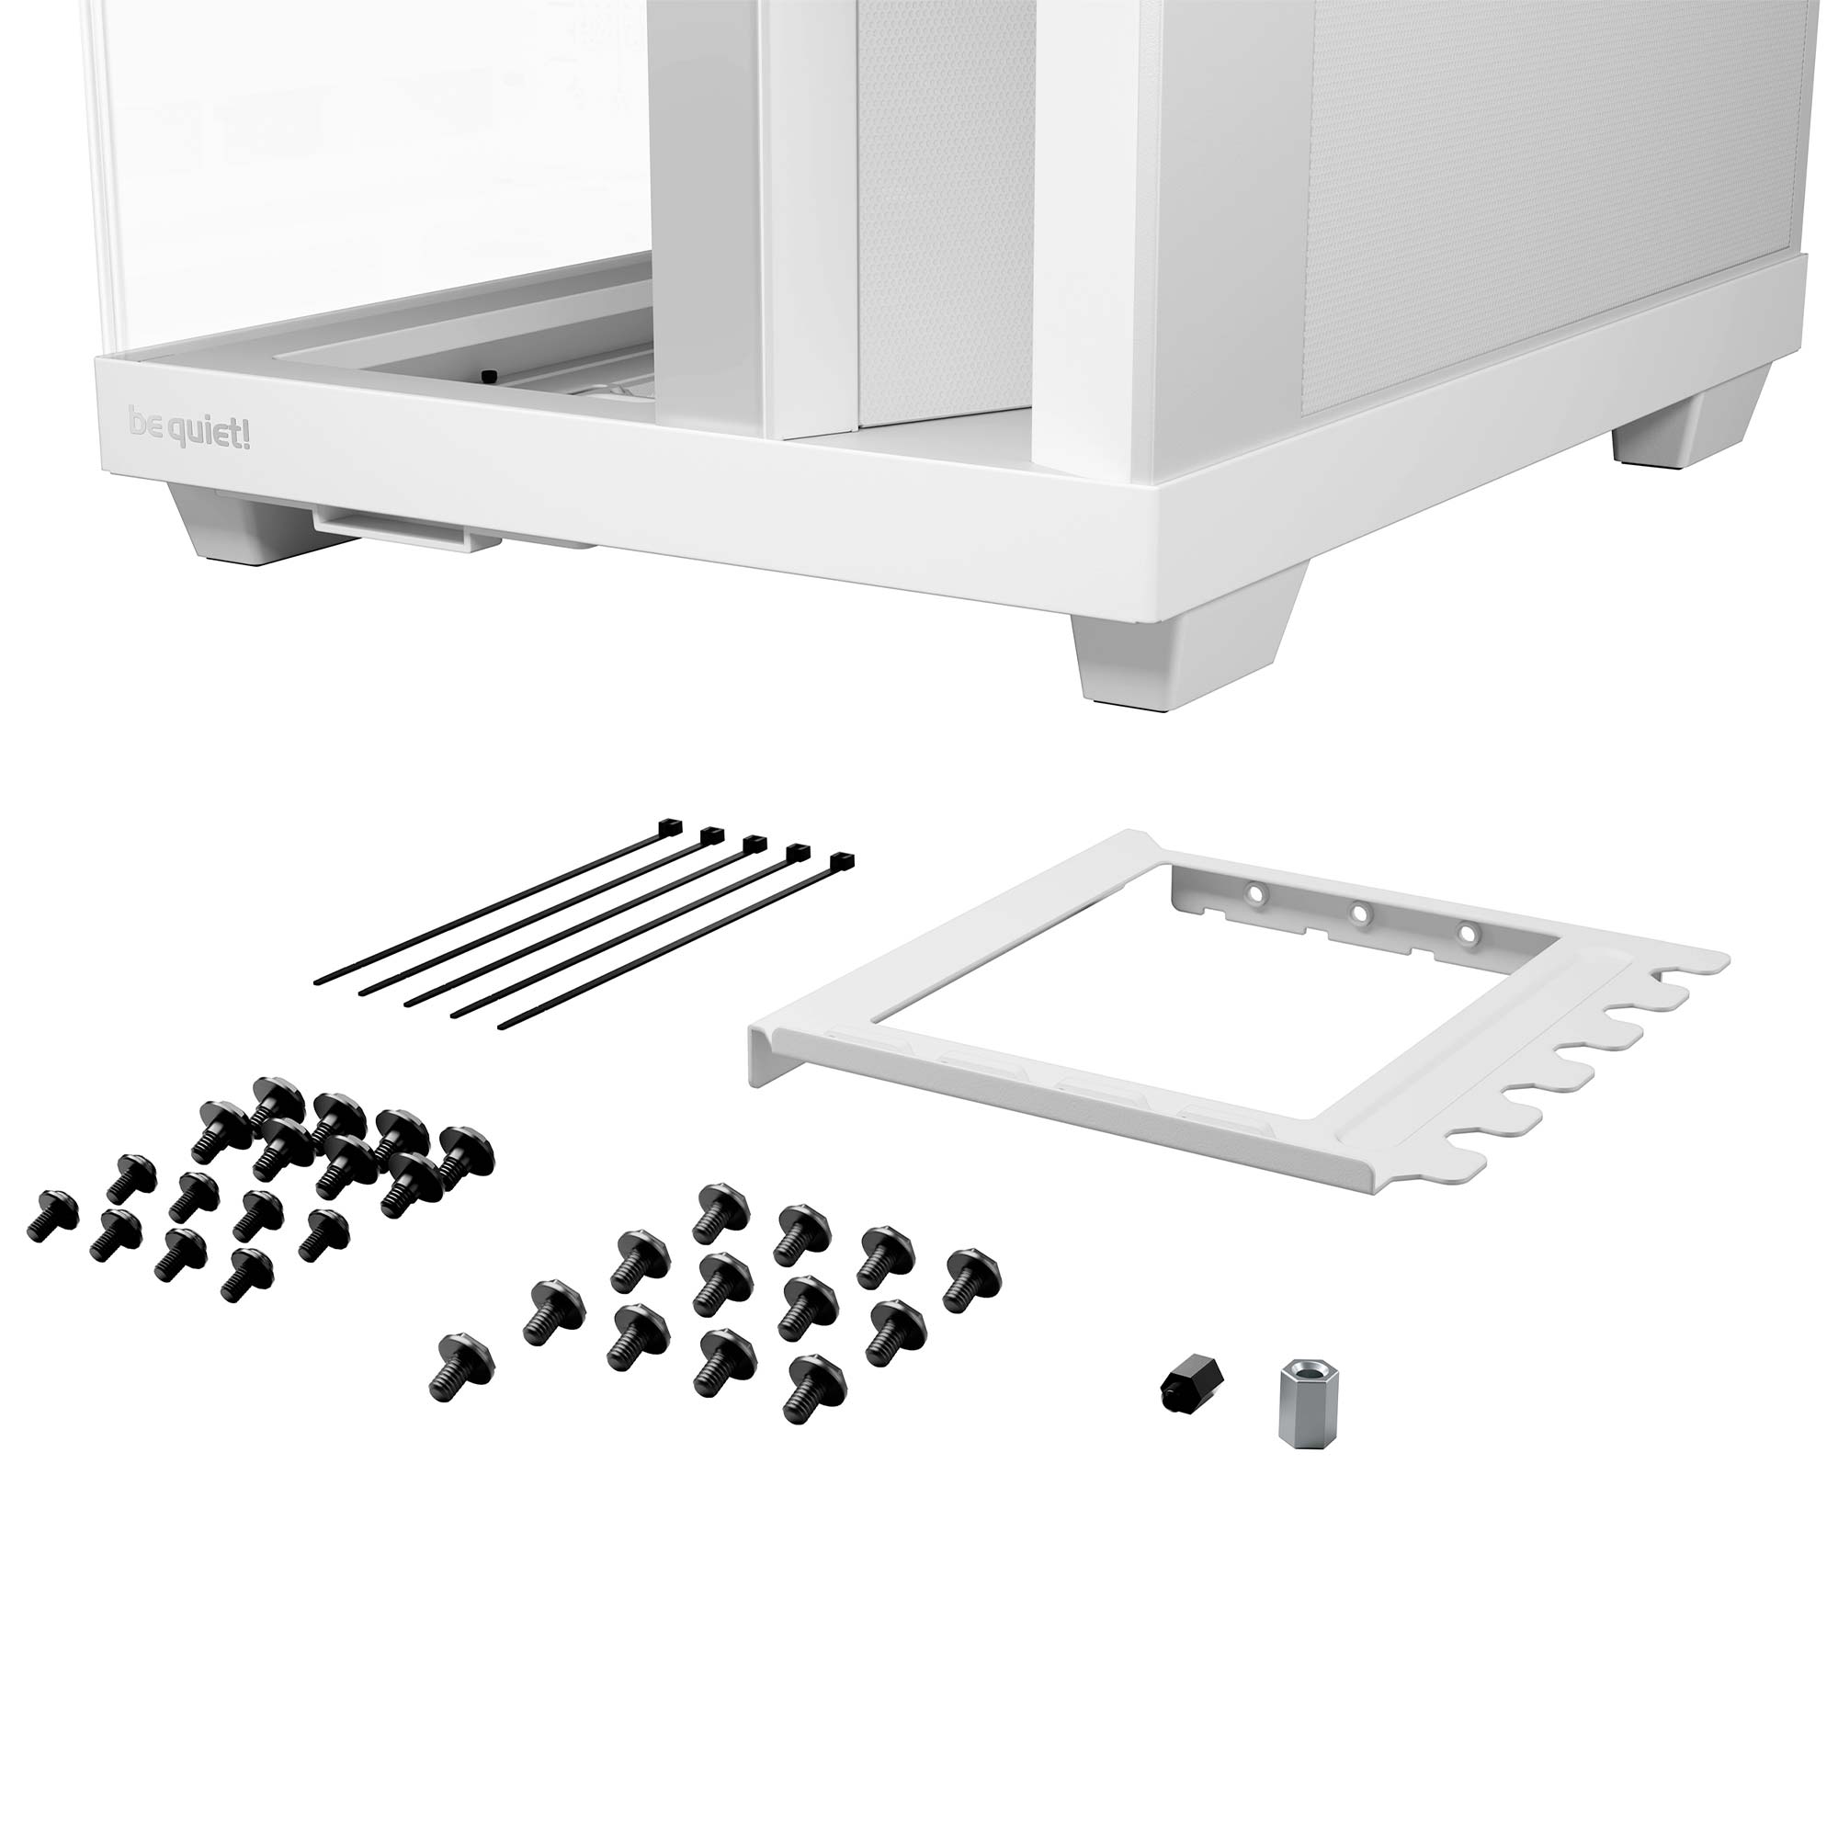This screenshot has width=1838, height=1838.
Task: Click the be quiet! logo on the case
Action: [x=189, y=429]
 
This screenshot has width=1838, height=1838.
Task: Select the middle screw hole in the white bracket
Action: [x=1361, y=913]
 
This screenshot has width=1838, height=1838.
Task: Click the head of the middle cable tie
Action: [x=754, y=842]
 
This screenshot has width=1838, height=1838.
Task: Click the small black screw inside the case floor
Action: [x=488, y=377]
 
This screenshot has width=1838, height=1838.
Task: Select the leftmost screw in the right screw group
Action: [x=461, y=1366]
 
